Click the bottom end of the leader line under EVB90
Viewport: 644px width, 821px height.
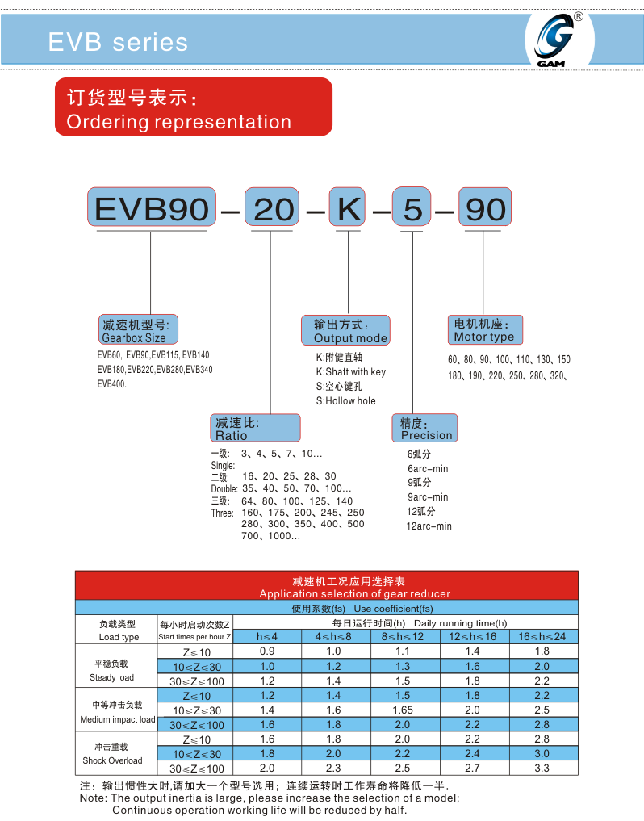point(151,314)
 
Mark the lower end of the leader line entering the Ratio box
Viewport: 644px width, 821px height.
point(270,414)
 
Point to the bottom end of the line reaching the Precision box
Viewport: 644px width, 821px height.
point(413,414)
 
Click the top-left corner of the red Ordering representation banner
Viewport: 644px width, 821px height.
point(55,78)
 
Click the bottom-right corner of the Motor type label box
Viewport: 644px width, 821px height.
point(522,344)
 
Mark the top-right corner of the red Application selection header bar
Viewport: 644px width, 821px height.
point(578,572)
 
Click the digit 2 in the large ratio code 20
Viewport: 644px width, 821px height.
point(263,209)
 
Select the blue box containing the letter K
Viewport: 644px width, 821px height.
point(346,207)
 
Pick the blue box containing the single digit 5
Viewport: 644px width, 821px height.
point(412,207)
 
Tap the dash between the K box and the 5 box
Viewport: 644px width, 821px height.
point(382,212)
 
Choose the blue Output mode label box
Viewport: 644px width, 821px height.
point(345,330)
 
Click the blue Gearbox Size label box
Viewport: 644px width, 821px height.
point(138,330)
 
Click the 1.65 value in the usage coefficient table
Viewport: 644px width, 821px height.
point(403,710)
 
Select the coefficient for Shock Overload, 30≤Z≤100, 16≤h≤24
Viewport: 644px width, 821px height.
point(542,768)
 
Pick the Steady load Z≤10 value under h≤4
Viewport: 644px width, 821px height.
point(267,651)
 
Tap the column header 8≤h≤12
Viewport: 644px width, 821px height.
point(403,637)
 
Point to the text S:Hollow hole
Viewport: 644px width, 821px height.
point(345,401)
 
